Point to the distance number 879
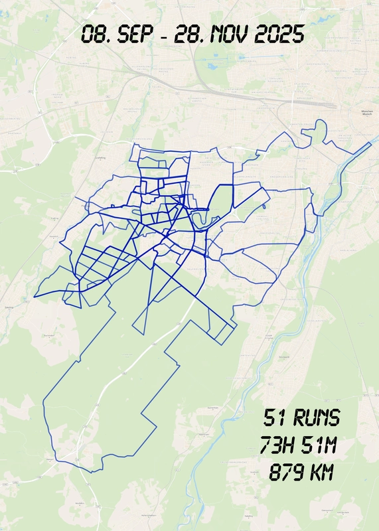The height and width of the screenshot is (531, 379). pyautogui.click(x=283, y=473)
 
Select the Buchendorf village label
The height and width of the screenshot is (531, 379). pyautogui.click(x=48, y=336)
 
